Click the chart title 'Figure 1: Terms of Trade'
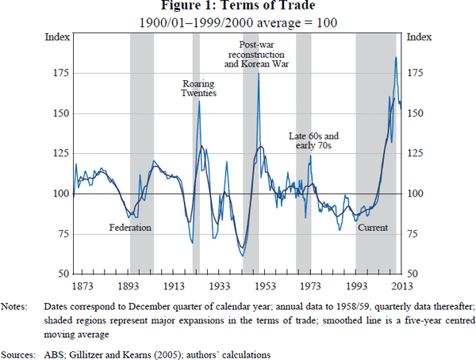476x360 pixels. (x=237, y=7)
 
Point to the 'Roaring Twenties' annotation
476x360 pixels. (x=199, y=88)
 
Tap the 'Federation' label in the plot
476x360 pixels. (x=129, y=228)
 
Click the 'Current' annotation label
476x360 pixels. (x=373, y=228)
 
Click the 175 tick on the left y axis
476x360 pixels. (x=59, y=74)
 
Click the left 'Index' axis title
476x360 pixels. (x=56, y=36)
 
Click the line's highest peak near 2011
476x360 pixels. (x=396, y=57)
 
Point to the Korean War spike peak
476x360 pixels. (x=259, y=74)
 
